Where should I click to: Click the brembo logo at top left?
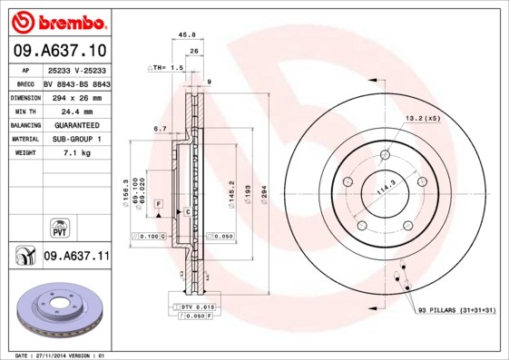(x=56, y=19)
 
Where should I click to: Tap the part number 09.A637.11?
(x=76, y=258)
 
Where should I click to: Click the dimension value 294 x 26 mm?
(x=76, y=96)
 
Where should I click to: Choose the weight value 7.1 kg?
(x=76, y=153)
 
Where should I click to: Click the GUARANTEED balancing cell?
(x=76, y=125)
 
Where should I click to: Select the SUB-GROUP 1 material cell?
(x=76, y=139)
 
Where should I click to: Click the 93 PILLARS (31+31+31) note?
(x=455, y=311)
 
